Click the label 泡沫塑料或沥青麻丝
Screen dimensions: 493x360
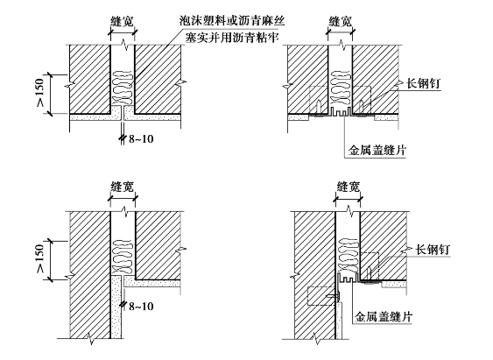click(232, 21)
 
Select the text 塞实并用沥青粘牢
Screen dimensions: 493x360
click(232, 38)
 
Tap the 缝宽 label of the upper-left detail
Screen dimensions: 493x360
click(123, 21)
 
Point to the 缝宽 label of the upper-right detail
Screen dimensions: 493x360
click(340, 21)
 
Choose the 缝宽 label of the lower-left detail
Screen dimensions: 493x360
click(123, 187)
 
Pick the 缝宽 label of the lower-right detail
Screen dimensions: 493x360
click(348, 187)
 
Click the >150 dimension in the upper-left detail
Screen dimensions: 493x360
click(41, 93)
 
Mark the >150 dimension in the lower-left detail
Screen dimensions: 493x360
click(41, 258)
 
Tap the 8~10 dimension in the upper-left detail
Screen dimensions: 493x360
click(141, 138)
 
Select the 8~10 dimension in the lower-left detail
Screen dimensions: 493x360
click(141, 306)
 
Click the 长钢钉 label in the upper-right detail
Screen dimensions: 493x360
click(424, 83)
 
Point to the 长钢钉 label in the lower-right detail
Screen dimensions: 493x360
click(433, 250)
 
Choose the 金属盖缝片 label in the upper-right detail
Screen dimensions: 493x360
click(377, 150)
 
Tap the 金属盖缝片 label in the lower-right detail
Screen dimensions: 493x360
click(384, 316)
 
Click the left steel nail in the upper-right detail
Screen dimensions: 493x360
click(319, 109)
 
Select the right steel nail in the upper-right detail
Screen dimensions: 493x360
click(362, 109)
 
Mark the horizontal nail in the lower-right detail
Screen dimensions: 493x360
click(334, 296)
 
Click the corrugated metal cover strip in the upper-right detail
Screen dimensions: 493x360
click(340, 112)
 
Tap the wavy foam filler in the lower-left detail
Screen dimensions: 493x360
click(123, 257)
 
